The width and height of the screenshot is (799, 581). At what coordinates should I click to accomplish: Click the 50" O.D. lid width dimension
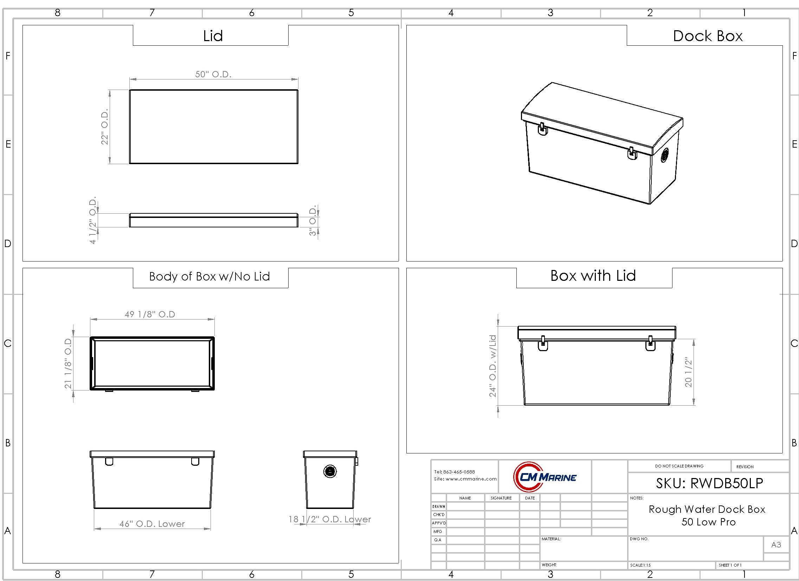[x=213, y=75]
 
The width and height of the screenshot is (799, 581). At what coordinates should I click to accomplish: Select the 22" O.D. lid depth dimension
[x=105, y=127]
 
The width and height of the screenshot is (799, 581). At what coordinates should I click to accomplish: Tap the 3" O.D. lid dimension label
[x=313, y=222]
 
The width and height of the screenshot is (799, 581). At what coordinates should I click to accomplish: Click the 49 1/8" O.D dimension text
[x=150, y=314]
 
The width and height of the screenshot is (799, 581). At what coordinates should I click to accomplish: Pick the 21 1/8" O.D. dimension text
[x=68, y=364]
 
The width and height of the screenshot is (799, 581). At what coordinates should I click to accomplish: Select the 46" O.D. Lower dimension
[x=152, y=524]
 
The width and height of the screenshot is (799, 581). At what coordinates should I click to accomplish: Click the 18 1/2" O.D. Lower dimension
[x=330, y=519]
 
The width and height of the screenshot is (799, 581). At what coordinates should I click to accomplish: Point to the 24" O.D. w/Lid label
[x=492, y=366]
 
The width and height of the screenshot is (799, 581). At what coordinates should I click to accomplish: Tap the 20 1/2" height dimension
[x=688, y=372]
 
